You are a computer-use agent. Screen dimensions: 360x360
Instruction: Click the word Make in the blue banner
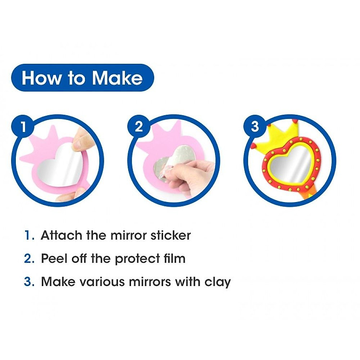(x=117, y=78)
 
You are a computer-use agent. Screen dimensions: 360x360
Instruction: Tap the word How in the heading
(x=42, y=78)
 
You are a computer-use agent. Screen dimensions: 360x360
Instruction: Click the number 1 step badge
(x=24, y=126)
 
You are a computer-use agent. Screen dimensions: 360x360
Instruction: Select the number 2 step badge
(x=139, y=126)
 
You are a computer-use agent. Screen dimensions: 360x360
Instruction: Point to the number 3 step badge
(x=255, y=126)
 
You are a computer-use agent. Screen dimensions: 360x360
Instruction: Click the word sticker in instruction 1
(x=170, y=235)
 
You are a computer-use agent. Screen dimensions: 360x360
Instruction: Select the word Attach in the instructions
(x=61, y=235)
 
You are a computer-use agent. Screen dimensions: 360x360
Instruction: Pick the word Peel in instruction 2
(x=54, y=259)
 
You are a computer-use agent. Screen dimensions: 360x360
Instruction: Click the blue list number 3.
(x=29, y=281)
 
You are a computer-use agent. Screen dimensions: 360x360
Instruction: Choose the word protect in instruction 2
(x=137, y=259)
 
